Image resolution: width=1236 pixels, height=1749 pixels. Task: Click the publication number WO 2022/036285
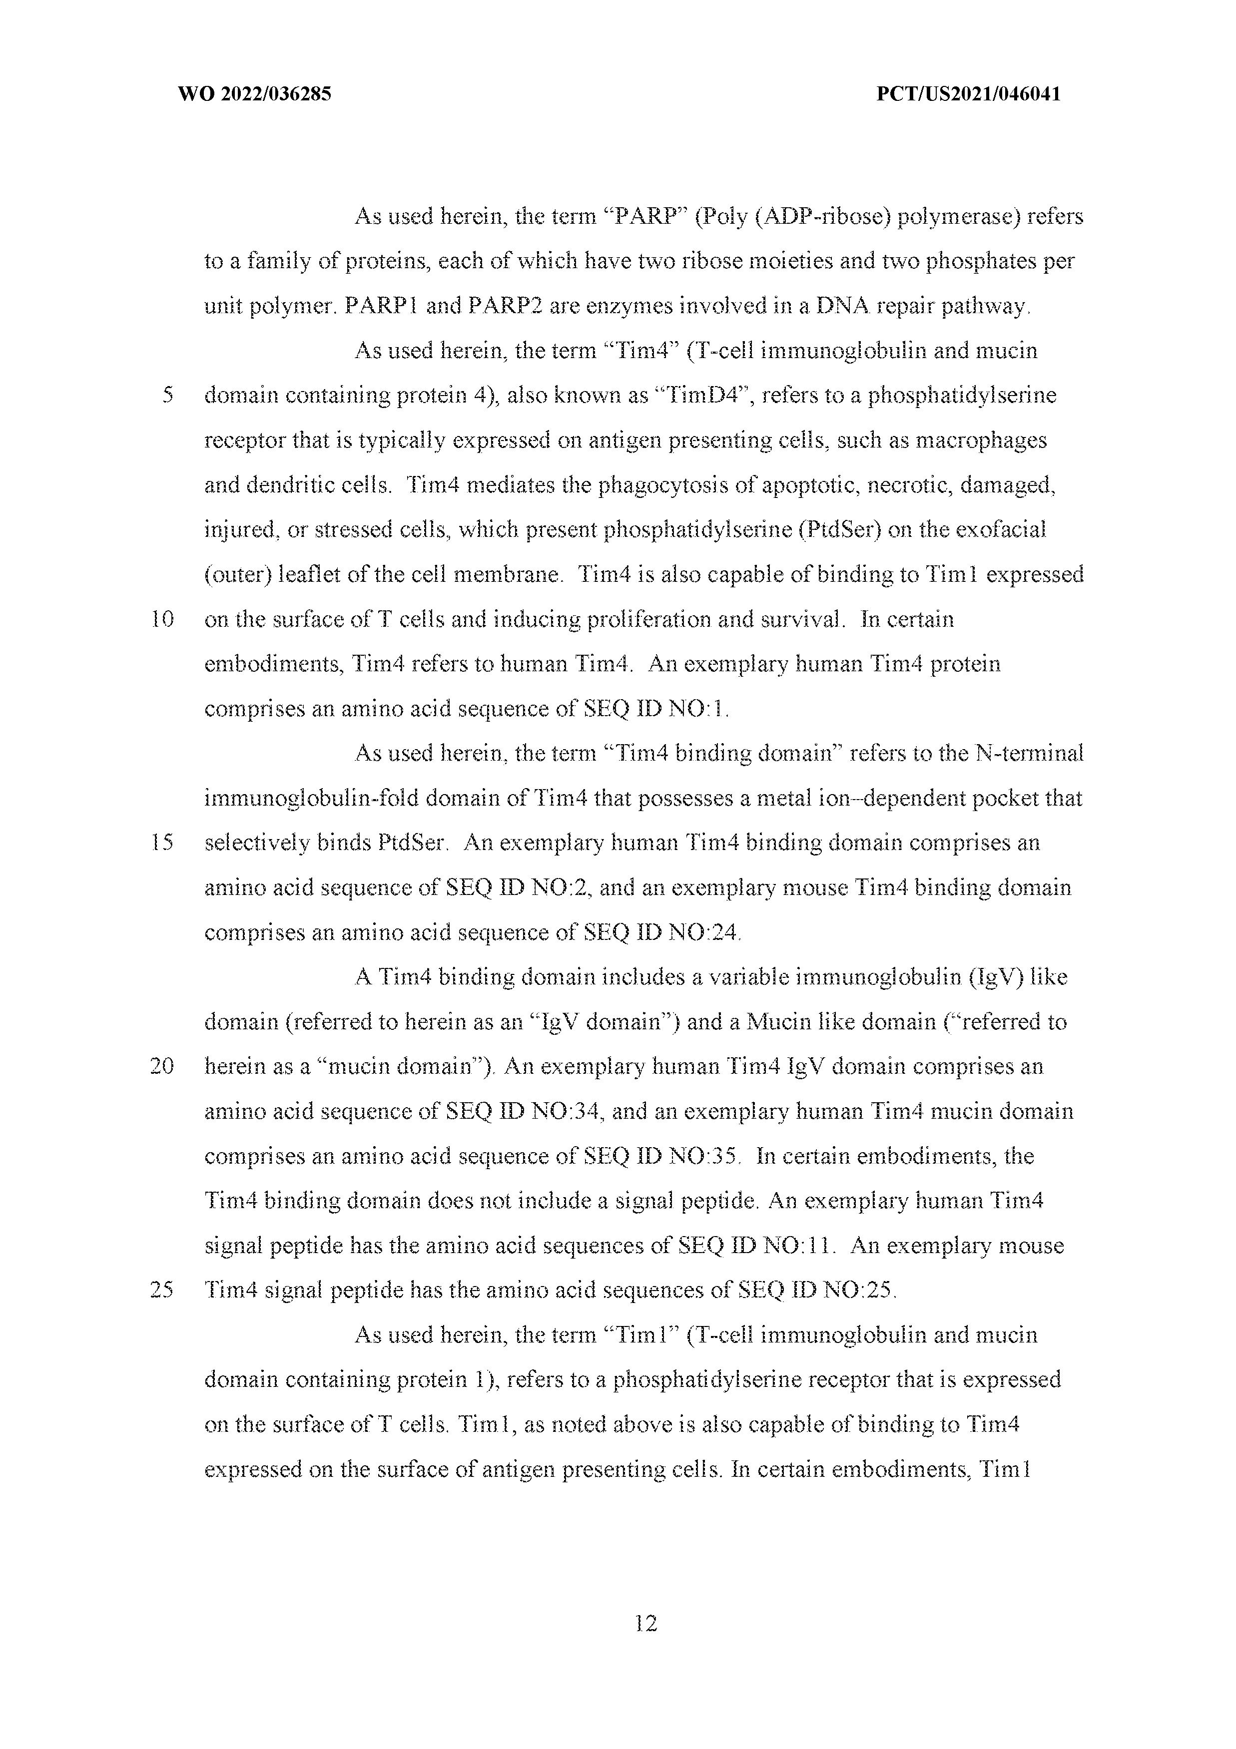(x=254, y=94)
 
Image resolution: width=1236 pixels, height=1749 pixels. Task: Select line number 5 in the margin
(x=168, y=396)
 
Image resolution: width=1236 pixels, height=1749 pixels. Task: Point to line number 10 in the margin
(x=162, y=619)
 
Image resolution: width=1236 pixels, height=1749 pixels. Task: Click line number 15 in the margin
(x=162, y=843)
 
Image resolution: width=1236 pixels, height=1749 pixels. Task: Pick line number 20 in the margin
(x=162, y=1066)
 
